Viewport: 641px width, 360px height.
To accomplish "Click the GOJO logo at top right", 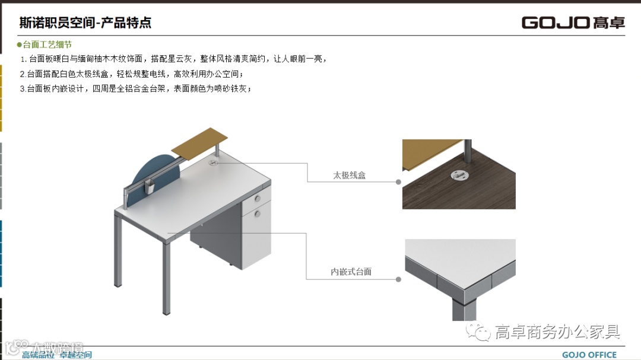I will click(573, 23).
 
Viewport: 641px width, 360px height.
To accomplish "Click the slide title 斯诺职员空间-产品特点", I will click(85, 23).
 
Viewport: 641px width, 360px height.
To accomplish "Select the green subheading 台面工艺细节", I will click(47, 44).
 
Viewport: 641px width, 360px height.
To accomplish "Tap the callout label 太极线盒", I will click(349, 176).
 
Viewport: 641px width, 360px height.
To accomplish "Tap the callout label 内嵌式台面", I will click(351, 272).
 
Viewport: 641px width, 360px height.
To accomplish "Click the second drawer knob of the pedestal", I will click(258, 212).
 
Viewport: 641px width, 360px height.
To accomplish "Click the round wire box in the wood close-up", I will click(458, 174).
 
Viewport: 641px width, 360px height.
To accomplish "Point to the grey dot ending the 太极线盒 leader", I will click(399, 182).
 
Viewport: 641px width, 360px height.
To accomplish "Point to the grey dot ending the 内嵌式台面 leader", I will click(399, 279).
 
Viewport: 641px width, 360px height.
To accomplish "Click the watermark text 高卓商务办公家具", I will click(557, 332).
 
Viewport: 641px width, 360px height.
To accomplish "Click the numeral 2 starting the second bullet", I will click(22, 74).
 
